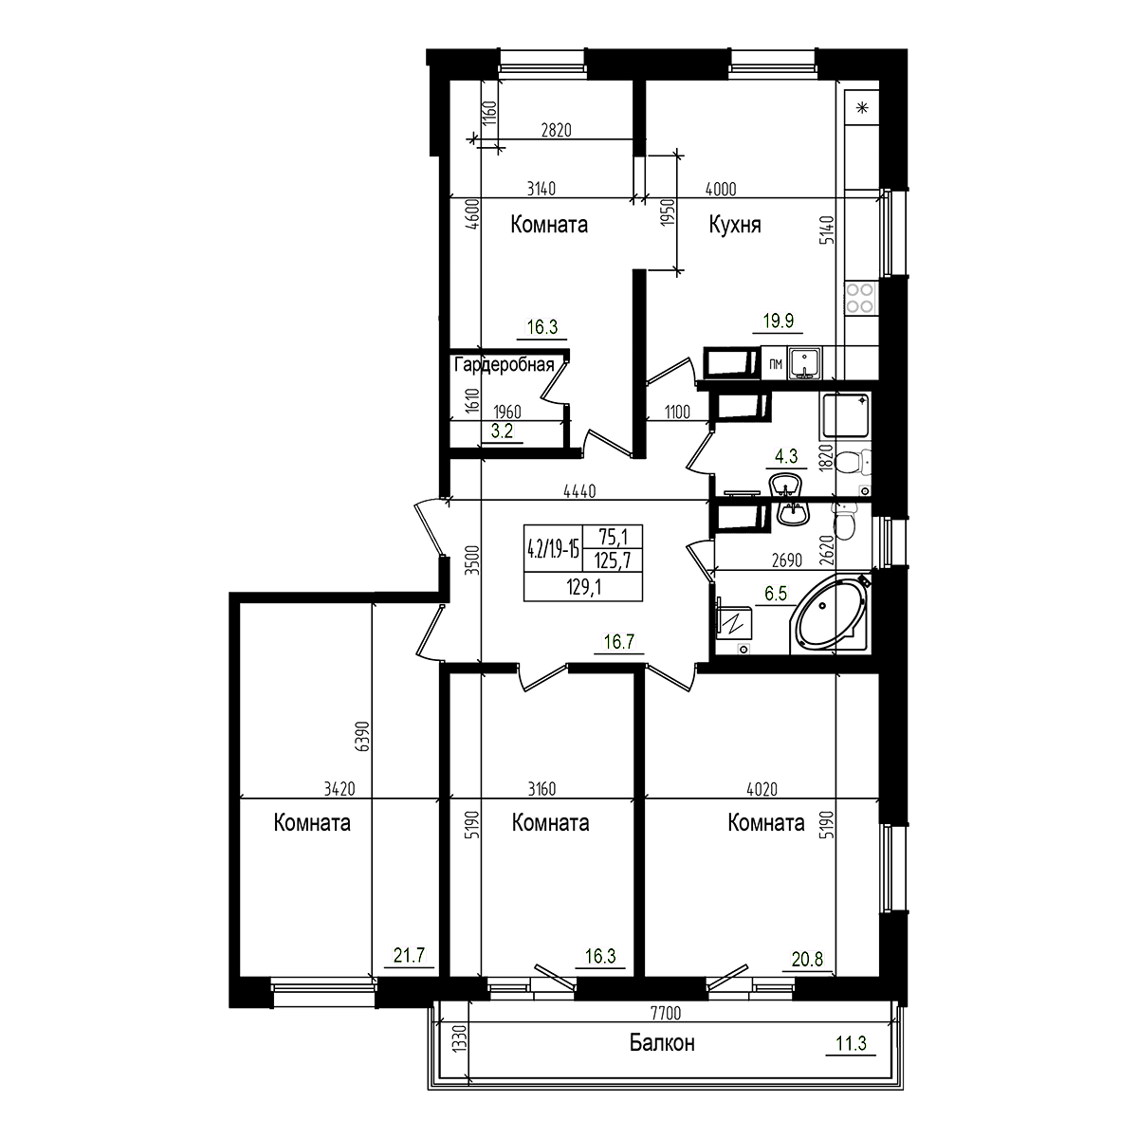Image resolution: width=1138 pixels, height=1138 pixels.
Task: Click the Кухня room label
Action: (735, 225)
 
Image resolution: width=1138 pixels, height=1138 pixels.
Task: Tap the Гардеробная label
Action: (502, 364)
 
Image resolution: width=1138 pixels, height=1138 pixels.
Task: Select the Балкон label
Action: (662, 1043)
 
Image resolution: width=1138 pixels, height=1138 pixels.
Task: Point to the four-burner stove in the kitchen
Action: (862, 299)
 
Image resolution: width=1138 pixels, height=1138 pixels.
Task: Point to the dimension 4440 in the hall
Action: (579, 491)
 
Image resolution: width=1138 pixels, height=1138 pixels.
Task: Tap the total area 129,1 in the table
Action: (578, 587)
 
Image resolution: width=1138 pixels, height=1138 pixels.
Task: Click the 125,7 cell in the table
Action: (614, 560)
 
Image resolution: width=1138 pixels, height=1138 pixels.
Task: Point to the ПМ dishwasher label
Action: (775, 363)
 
